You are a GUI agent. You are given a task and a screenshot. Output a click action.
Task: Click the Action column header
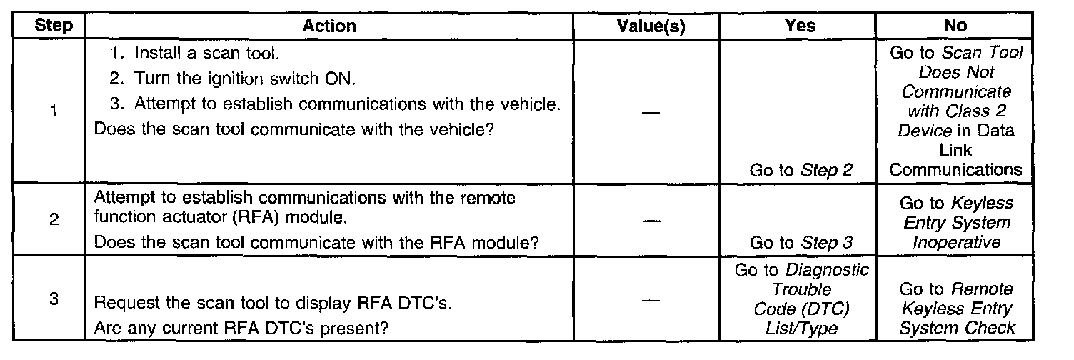[329, 26]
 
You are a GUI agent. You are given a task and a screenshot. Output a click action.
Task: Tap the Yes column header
[801, 26]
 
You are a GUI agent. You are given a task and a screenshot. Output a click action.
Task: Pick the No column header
[955, 26]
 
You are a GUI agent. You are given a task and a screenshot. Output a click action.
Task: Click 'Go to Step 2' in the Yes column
[801, 171]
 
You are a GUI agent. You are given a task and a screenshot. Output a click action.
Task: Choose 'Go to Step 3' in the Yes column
[801, 243]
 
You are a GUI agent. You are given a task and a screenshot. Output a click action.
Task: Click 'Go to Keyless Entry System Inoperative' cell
[955, 223]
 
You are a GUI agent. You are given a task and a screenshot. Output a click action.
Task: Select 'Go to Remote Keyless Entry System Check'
[955, 309]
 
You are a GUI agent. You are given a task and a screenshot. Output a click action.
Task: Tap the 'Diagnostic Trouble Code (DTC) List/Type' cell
[801, 299]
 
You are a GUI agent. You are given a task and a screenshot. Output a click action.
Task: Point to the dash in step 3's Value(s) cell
[650, 301]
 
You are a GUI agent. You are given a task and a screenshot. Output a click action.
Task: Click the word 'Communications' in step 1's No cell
[955, 171]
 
